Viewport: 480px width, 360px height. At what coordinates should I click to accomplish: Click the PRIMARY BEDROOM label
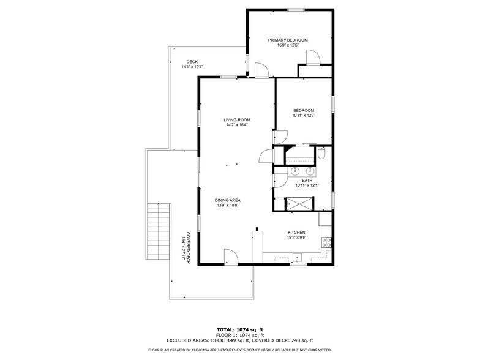(x=288, y=40)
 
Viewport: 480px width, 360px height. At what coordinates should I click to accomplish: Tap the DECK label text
(x=192, y=62)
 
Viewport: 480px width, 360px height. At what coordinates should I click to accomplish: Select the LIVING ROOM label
(x=236, y=120)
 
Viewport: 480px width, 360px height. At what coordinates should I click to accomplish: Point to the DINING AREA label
(x=227, y=200)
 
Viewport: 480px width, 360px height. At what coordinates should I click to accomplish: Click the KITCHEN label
(x=296, y=233)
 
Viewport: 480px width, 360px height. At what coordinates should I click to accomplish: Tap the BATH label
(x=306, y=181)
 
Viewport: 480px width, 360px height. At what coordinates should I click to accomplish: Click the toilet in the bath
(x=321, y=156)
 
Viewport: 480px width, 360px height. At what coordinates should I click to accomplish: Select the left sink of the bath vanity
(x=294, y=171)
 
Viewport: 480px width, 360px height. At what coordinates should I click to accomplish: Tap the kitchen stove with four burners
(x=326, y=242)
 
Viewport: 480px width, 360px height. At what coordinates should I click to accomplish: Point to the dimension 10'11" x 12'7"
(x=303, y=115)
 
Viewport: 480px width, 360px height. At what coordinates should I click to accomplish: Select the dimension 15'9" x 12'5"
(x=288, y=45)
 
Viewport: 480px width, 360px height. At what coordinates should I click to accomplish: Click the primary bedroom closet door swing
(x=312, y=57)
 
